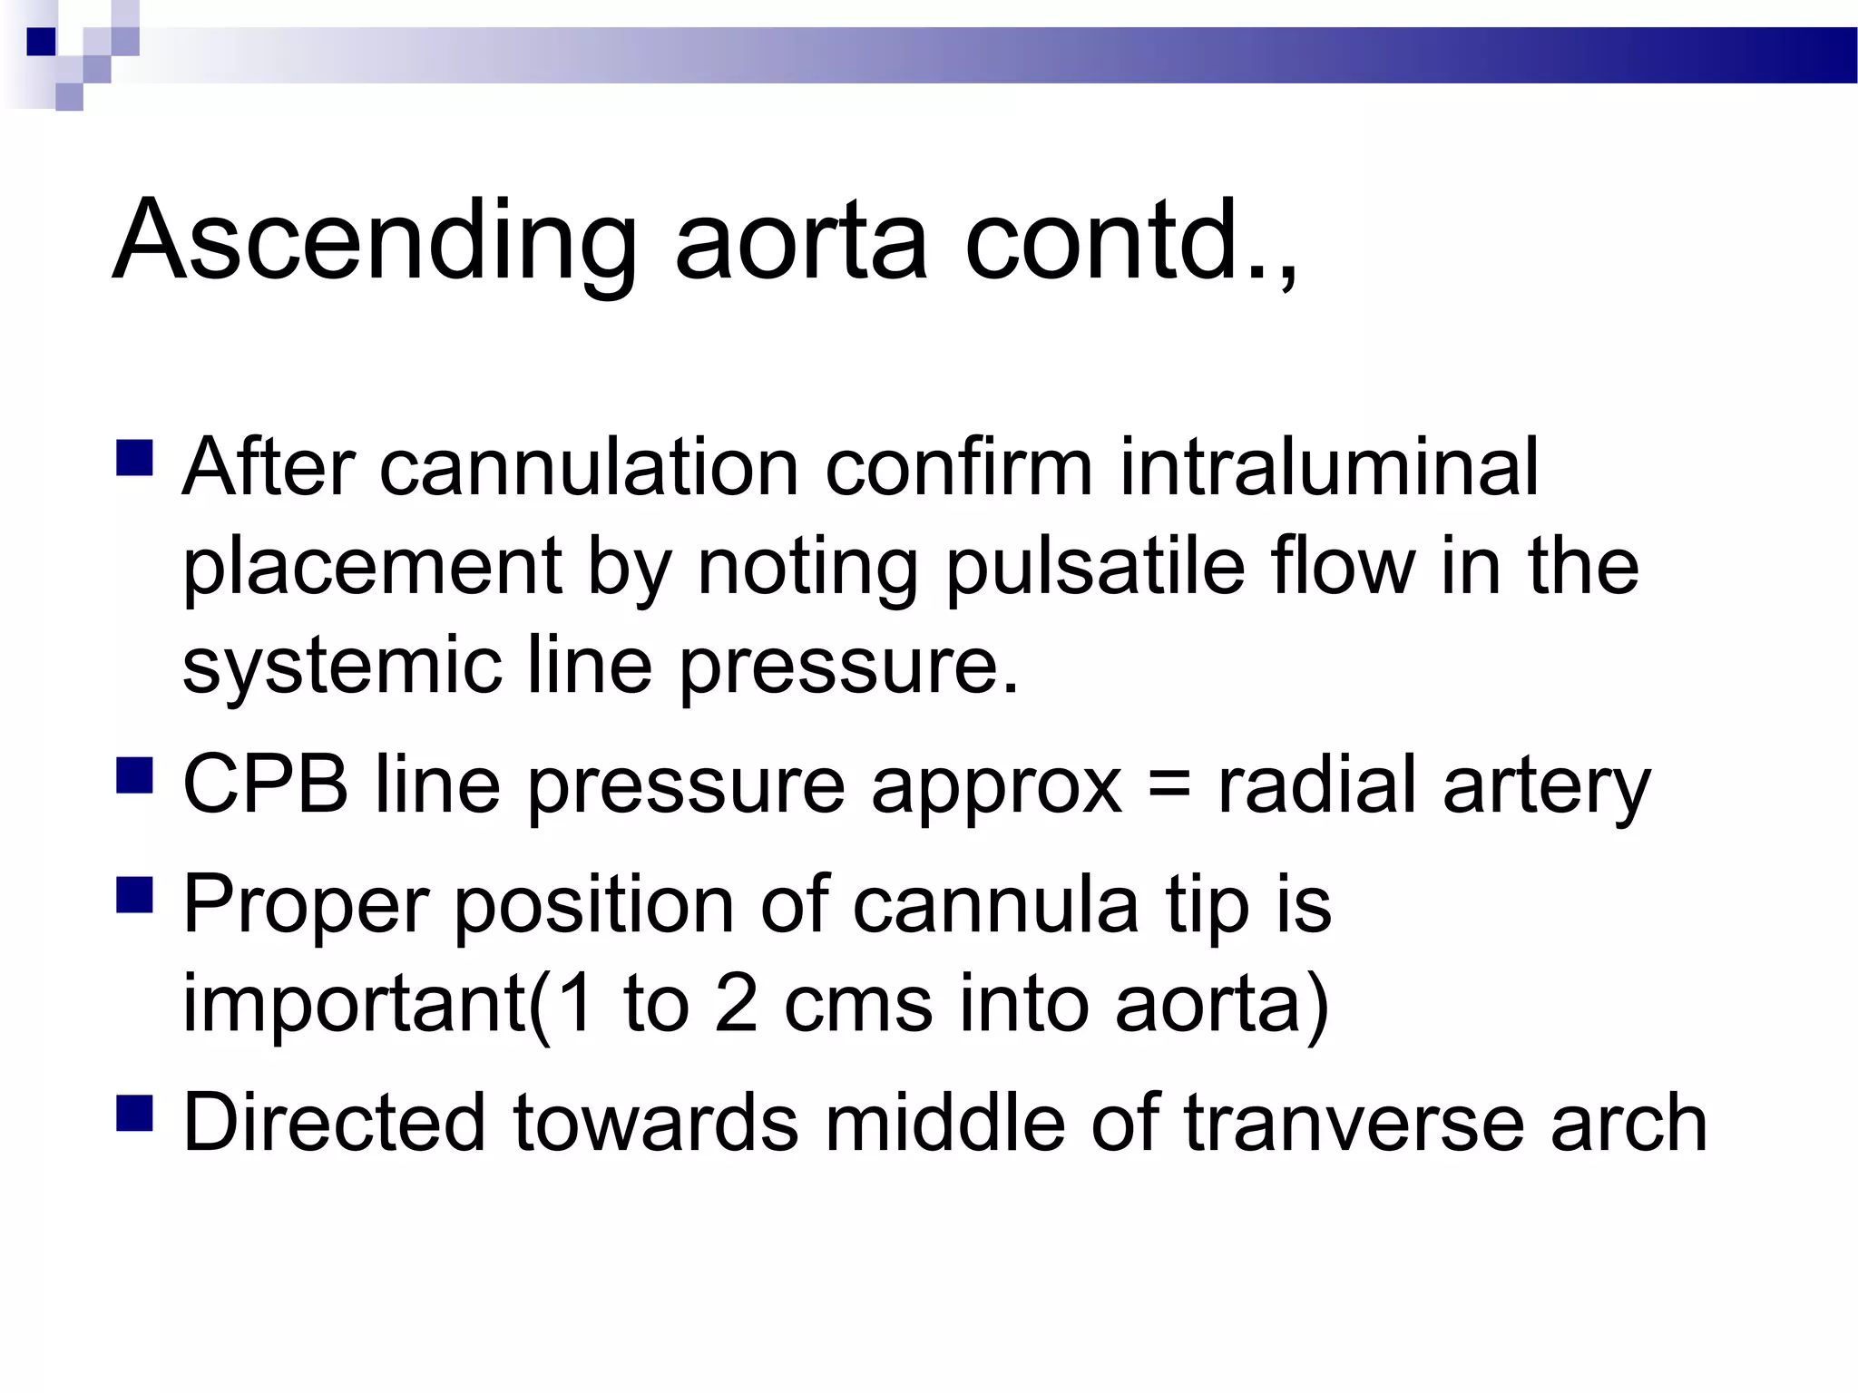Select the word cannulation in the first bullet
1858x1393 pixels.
click(588, 469)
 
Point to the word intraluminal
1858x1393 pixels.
click(1329, 469)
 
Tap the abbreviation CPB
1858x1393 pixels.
click(266, 785)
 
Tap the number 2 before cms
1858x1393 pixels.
click(736, 1005)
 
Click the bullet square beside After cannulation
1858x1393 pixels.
click(135, 458)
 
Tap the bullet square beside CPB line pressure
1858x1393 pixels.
click(135, 775)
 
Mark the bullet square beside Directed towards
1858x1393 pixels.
click(135, 1114)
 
